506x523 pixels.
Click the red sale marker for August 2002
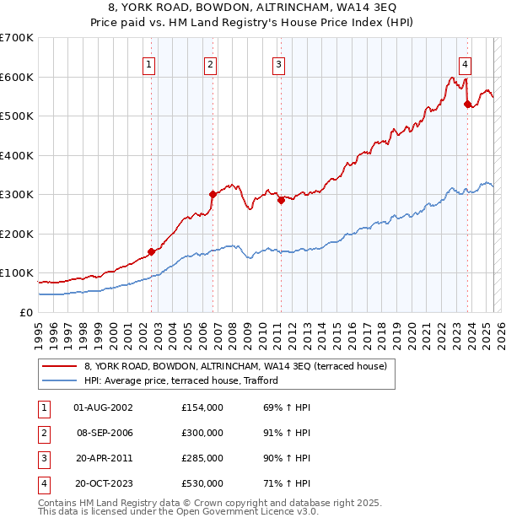pos(152,251)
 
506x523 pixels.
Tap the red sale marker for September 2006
pos(213,194)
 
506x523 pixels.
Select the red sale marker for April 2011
pos(281,200)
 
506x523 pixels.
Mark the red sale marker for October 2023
pos(467,105)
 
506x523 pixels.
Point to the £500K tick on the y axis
pos(17,116)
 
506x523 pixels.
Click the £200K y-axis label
pos(17,234)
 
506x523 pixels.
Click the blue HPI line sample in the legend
pos(59,380)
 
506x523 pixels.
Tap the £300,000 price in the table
pos(202,433)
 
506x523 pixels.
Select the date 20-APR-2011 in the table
pos(104,458)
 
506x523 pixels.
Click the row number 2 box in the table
pos(41,433)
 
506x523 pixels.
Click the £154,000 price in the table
pos(202,407)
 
